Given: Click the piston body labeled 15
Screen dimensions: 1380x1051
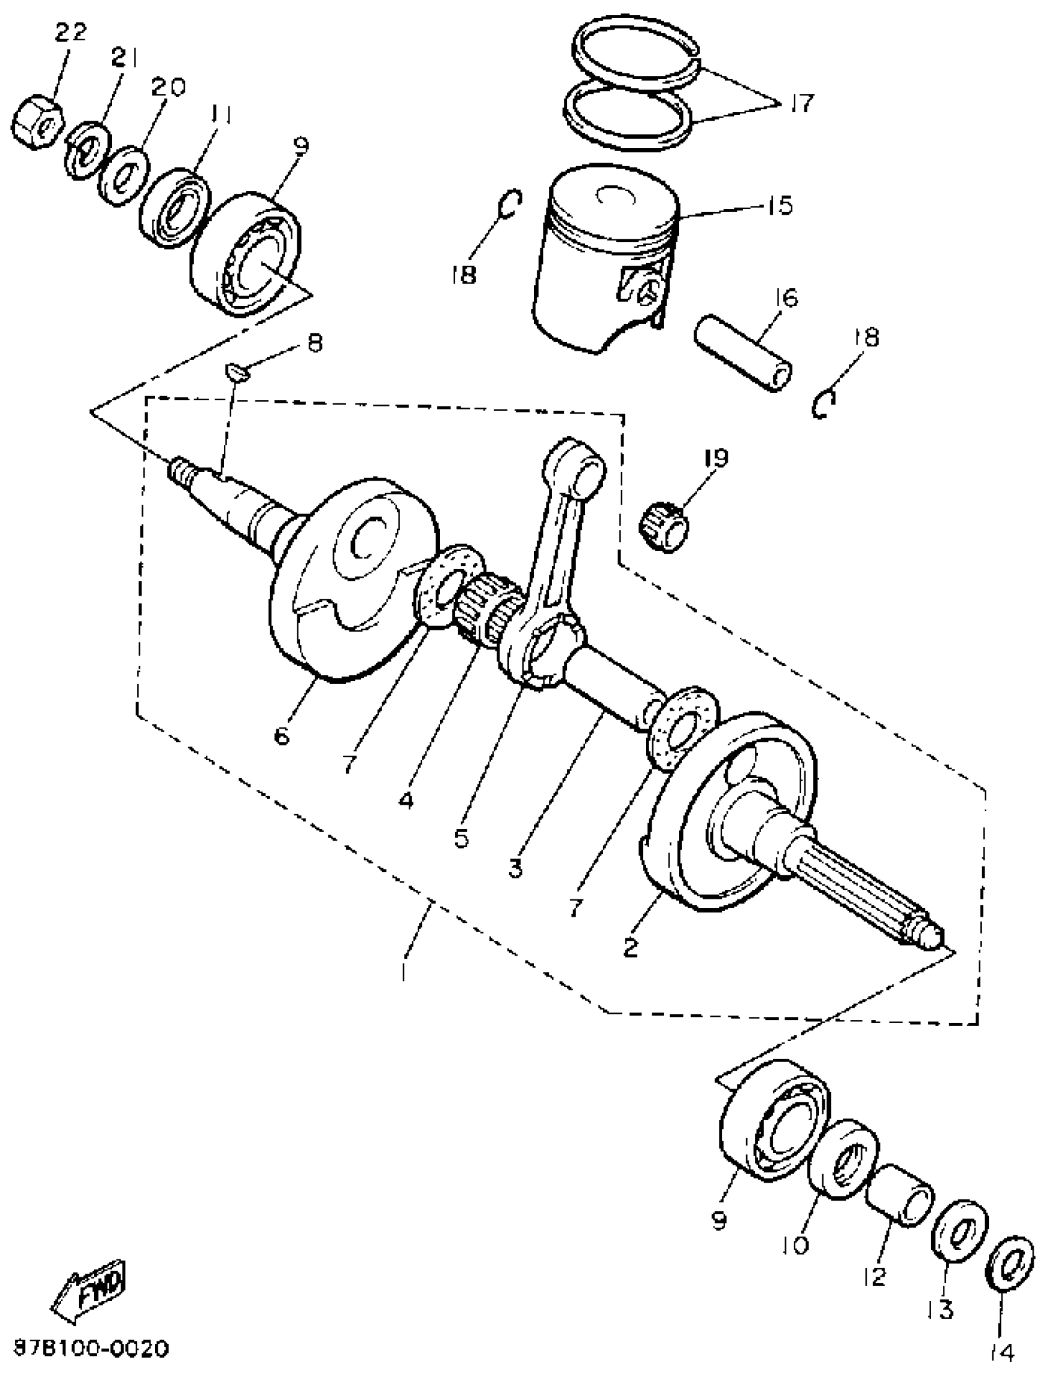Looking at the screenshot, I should [603, 257].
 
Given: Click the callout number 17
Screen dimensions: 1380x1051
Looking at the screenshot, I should [801, 102].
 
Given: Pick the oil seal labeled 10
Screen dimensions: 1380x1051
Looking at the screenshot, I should [842, 1151].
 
